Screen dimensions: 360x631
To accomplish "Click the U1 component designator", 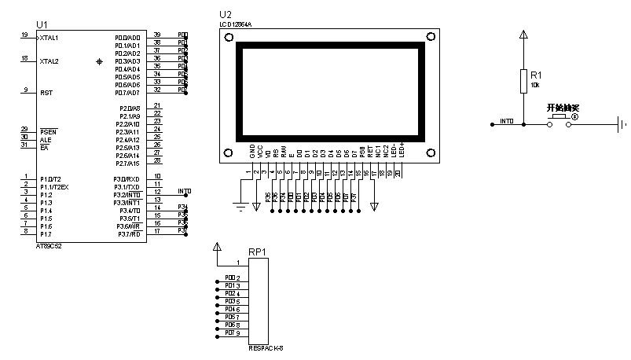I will (x=42, y=25).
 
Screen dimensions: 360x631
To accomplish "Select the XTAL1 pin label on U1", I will (x=50, y=38).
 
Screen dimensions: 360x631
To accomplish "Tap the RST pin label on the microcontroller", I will (x=46, y=93).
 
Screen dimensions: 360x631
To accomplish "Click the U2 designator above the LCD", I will (x=226, y=15).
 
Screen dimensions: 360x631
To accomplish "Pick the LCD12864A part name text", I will (x=236, y=25).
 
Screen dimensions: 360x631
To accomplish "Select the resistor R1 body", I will (x=523, y=80).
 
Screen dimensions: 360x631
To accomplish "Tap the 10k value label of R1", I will (x=535, y=85).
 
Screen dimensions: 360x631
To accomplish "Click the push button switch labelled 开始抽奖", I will (x=559, y=117).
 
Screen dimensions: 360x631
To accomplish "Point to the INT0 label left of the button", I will (x=507, y=122).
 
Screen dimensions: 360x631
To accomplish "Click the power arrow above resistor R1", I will (x=523, y=35).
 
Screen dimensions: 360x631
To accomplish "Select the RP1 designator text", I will (x=257, y=252).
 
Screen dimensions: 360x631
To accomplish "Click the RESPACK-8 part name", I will (x=266, y=348).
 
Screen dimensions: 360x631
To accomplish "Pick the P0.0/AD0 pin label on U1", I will (x=127, y=38).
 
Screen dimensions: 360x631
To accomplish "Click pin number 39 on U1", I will (x=157, y=35).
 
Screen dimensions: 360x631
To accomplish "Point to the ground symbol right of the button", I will (x=622, y=123).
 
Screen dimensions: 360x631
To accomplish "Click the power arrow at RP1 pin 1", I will (x=218, y=248).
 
